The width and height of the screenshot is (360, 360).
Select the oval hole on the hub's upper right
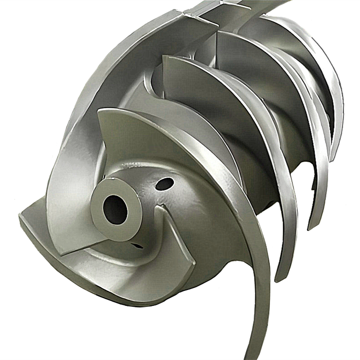(164, 184)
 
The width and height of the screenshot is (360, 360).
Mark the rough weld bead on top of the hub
(136, 165)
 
